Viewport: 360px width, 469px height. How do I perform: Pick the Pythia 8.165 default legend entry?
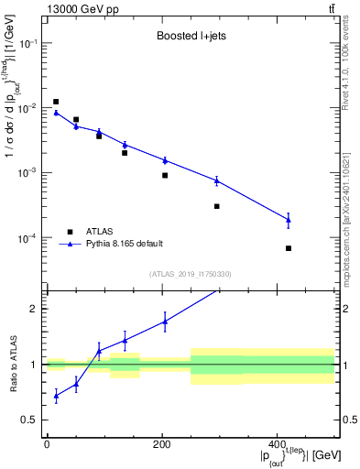[x=124, y=244]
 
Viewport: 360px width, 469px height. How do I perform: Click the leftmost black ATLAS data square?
[x=56, y=102]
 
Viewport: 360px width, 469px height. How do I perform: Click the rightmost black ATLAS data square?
[x=288, y=248]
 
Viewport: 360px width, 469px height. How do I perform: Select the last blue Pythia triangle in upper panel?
[x=288, y=219]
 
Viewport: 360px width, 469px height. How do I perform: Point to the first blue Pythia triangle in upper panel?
[x=56, y=113]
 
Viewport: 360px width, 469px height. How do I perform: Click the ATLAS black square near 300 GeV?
[x=217, y=206]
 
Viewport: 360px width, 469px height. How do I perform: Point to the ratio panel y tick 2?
[x=36, y=309]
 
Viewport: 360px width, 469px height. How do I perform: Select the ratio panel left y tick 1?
[x=36, y=365]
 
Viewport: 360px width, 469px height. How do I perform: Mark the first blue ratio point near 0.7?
[x=56, y=396]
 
